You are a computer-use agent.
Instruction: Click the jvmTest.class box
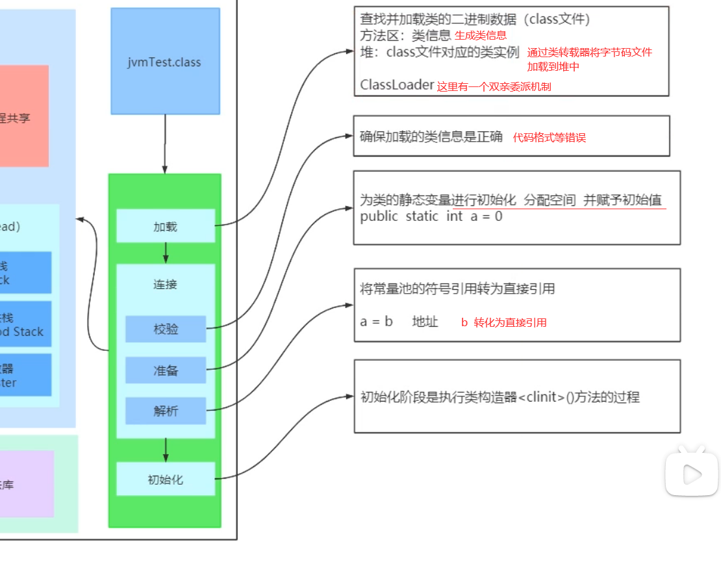tap(165, 62)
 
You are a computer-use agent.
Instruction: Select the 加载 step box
tap(165, 226)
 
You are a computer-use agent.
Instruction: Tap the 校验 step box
tap(166, 329)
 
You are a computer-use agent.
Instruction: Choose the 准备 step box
tap(166, 370)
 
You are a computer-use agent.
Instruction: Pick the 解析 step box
tap(166, 411)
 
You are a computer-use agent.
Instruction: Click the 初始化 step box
tap(165, 480)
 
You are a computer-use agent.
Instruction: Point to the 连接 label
tap(165, 284)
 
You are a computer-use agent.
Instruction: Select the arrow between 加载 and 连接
tap(166, 252)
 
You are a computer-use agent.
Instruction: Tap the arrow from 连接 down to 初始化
tap(166, 449)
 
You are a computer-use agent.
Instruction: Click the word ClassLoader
tap(397, 84)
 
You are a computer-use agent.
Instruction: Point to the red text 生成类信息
tap(480, 36)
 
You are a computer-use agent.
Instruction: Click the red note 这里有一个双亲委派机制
tap(494, 86)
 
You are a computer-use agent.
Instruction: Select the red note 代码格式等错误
tap(549, 137)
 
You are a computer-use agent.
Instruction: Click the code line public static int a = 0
tap(431, 216)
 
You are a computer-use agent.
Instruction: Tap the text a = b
tap(377, 322)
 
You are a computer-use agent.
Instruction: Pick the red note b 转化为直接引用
tap(503, 322)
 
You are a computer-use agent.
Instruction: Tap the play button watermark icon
tap(692, 474)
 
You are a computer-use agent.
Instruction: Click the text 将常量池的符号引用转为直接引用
tap(457, 288)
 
